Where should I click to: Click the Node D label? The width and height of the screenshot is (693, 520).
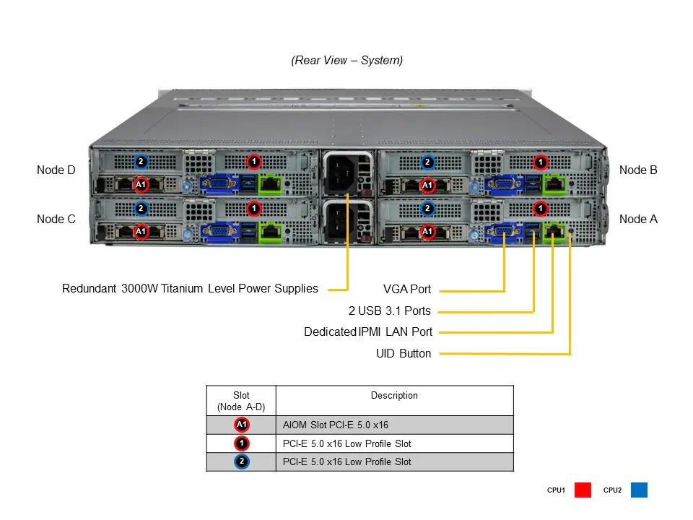56,170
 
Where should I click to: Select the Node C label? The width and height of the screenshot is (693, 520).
56,219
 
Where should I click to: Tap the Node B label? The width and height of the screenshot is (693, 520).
638,170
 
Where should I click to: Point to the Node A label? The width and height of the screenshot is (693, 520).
638,219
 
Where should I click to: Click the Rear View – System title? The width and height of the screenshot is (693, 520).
346,61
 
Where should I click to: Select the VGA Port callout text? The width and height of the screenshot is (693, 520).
407,290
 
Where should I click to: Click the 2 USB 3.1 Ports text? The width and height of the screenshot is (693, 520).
389,311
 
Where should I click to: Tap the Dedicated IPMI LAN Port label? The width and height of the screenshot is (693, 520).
368,332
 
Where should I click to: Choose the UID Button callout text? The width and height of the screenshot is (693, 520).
404,354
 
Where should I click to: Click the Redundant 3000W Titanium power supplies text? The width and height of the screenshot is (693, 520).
190,289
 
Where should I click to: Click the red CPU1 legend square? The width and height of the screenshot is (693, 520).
583,490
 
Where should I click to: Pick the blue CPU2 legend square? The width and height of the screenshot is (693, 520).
639,490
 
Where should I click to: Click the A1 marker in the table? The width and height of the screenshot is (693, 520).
242,425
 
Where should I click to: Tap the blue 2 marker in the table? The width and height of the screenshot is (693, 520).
242,461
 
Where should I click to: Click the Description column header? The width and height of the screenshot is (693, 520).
394,396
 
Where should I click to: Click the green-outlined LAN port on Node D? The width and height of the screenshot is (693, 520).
271,183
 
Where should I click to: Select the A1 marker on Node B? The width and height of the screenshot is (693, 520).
427,185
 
